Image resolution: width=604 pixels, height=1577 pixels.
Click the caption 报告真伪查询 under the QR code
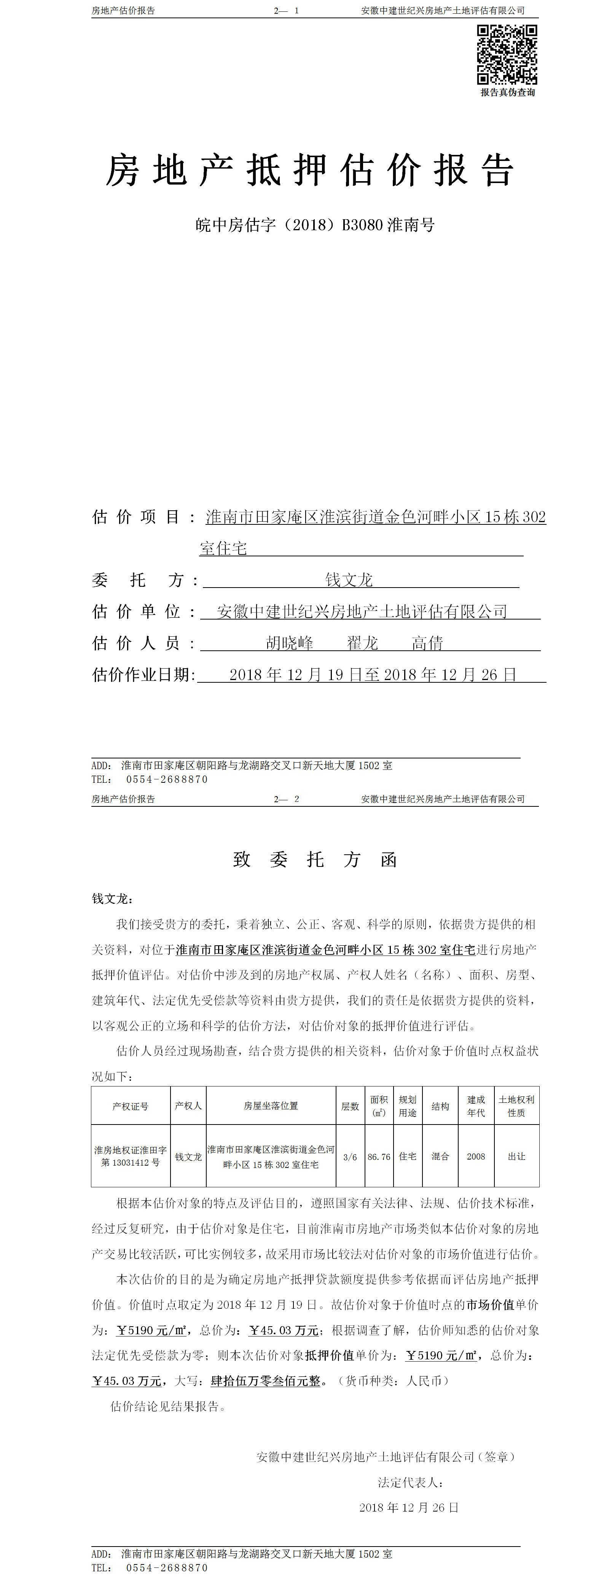pyautogui.click(x=507, y=92)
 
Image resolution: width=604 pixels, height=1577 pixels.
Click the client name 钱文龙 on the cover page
pyautogui.click(x=349, y=579)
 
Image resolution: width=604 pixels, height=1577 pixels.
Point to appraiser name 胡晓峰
pyautogui.click(x=290, y=643)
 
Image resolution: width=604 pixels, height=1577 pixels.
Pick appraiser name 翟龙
pyautogui.click(x=362, y=643)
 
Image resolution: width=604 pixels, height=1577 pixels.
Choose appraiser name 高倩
pyautogui.click(x=427, y=643)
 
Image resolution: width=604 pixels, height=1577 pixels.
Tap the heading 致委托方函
pyautogui.click(x=314, y=860)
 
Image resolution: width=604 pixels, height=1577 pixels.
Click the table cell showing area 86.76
pyautogui.click(x=379, y=1156)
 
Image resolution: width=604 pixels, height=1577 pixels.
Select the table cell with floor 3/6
pyautogui.click(x=350, y=1156)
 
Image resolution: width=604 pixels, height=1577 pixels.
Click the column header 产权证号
pyautogui.click(x=130, y=1106)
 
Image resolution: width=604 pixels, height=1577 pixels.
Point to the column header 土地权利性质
pyautogui.click(x=516, y=1106)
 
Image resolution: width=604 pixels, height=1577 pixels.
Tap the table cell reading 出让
pyautogui.click(x=516, y=1156)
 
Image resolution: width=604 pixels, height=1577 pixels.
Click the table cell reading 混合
pyautogui.click(x=440, y=1156)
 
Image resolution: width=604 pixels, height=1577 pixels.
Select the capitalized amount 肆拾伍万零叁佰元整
pyautogui.click(x=266, y=1381)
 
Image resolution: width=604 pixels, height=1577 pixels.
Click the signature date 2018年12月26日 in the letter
pyautogui.click(x=409, y=1507)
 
